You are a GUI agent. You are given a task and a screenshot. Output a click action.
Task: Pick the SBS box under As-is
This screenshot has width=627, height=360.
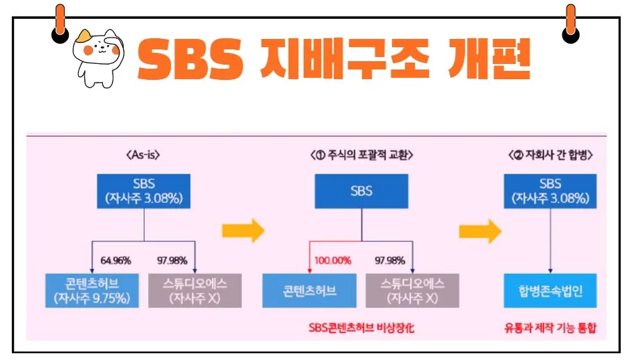(x=143, y=192)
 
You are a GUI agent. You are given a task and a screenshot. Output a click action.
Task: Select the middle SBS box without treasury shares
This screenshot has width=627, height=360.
(x=361, y=191)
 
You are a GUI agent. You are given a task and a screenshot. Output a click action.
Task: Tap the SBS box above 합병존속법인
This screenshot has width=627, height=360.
(x=550, y=191)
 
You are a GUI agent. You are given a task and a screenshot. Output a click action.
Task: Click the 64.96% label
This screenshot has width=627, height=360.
(x=115, y=261)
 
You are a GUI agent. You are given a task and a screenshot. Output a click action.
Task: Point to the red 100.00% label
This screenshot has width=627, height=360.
(x=332, y=261)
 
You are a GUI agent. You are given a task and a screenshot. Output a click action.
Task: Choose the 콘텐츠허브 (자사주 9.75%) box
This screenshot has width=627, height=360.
(x=92, y=291)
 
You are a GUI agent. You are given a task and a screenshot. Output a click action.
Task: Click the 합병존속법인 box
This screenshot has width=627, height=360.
(x=550, y=291)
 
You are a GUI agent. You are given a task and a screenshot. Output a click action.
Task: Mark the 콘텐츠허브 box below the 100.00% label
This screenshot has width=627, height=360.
(x=309, y=291)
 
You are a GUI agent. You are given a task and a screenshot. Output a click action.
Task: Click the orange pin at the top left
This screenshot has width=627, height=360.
(x=60, y=21)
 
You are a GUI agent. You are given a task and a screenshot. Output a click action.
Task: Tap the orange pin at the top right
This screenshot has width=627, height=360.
(x=571, y=21)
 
